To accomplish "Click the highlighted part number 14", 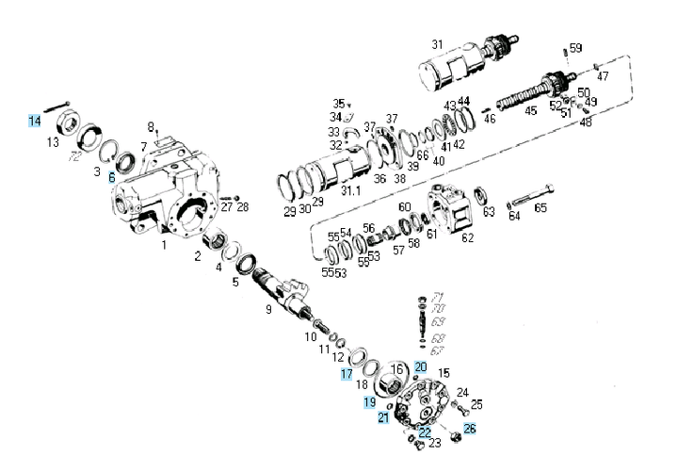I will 34,122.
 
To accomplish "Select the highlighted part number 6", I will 111,177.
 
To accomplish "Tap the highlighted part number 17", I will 347,373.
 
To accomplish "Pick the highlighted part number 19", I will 370,402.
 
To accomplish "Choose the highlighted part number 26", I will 470,429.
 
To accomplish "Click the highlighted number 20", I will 421,367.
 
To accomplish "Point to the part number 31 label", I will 437,44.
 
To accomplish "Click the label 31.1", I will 350,189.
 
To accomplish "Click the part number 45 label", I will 531,111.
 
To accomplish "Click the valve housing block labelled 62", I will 451,211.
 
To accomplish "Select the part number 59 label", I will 575,48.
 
